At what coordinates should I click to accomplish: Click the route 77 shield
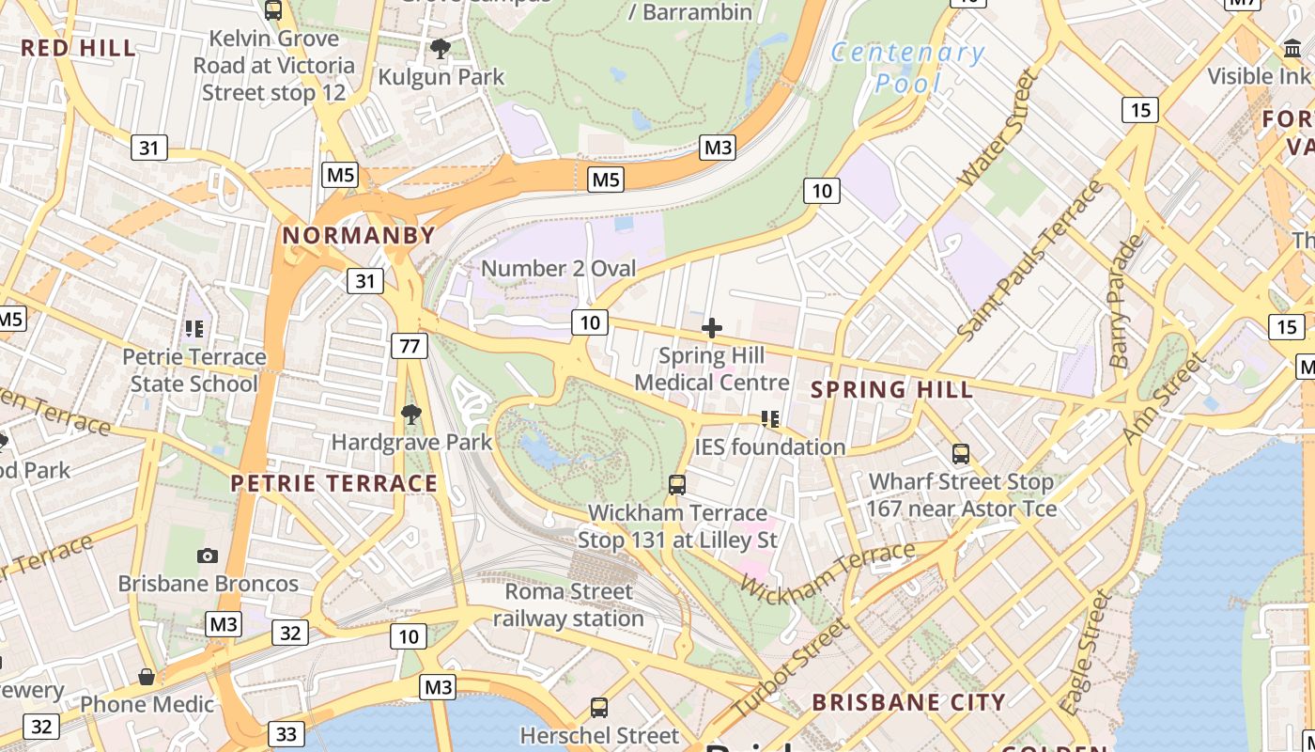point(410,346)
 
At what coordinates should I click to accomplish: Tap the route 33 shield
point(286,734)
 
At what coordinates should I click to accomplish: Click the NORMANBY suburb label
point(359,236)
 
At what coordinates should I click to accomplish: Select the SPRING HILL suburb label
point(891,389)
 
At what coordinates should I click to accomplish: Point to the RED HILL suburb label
point(79,49)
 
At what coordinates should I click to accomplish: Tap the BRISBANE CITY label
point(908,702)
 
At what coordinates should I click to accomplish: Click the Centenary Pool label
point(907,68)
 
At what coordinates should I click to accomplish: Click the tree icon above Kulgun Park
point(439,48)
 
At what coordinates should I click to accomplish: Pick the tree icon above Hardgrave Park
point(410,414)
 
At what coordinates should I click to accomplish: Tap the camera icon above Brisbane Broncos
point(208,556)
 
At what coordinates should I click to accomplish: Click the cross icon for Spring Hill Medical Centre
point(712,328)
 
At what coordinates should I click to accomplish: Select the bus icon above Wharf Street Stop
point(961,454)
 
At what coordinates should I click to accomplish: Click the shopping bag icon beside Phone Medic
point(147,677)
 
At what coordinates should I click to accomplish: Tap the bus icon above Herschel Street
point(598,708)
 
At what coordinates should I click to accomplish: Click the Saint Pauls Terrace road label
point(1030,260)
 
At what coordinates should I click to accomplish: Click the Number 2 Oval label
point(558,269)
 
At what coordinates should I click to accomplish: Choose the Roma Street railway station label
point(568,605)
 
